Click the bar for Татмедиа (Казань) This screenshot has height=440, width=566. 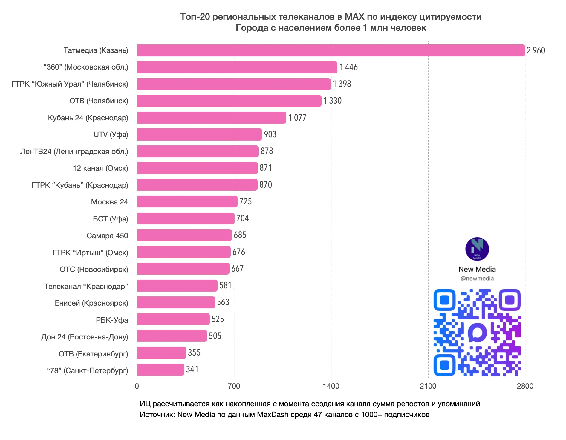point(331,50)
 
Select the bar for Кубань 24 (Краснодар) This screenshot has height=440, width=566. point(212,118)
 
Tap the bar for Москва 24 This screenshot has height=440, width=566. point(187,201)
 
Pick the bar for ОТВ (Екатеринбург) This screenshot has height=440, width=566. point(161,353)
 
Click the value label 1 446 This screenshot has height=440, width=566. point(348,67)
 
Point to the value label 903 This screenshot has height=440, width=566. point(270,134)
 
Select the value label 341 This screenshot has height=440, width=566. point(192,369)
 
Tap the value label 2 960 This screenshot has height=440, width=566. point(536,50)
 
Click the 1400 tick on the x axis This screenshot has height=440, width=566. point(331,386)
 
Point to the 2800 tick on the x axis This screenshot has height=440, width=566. point(525,386)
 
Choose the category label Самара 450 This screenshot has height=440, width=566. point(107,236)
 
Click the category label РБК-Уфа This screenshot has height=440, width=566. point(112,320)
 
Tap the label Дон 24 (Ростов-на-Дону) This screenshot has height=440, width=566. point(85,337)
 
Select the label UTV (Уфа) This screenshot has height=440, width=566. point(111,135)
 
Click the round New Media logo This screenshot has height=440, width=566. point(477,249)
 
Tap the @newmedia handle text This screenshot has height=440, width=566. point(477,279)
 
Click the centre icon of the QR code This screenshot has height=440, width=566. point(477,332)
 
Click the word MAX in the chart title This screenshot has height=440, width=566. point(354,17)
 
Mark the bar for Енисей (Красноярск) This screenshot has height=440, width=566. point(176,302)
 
